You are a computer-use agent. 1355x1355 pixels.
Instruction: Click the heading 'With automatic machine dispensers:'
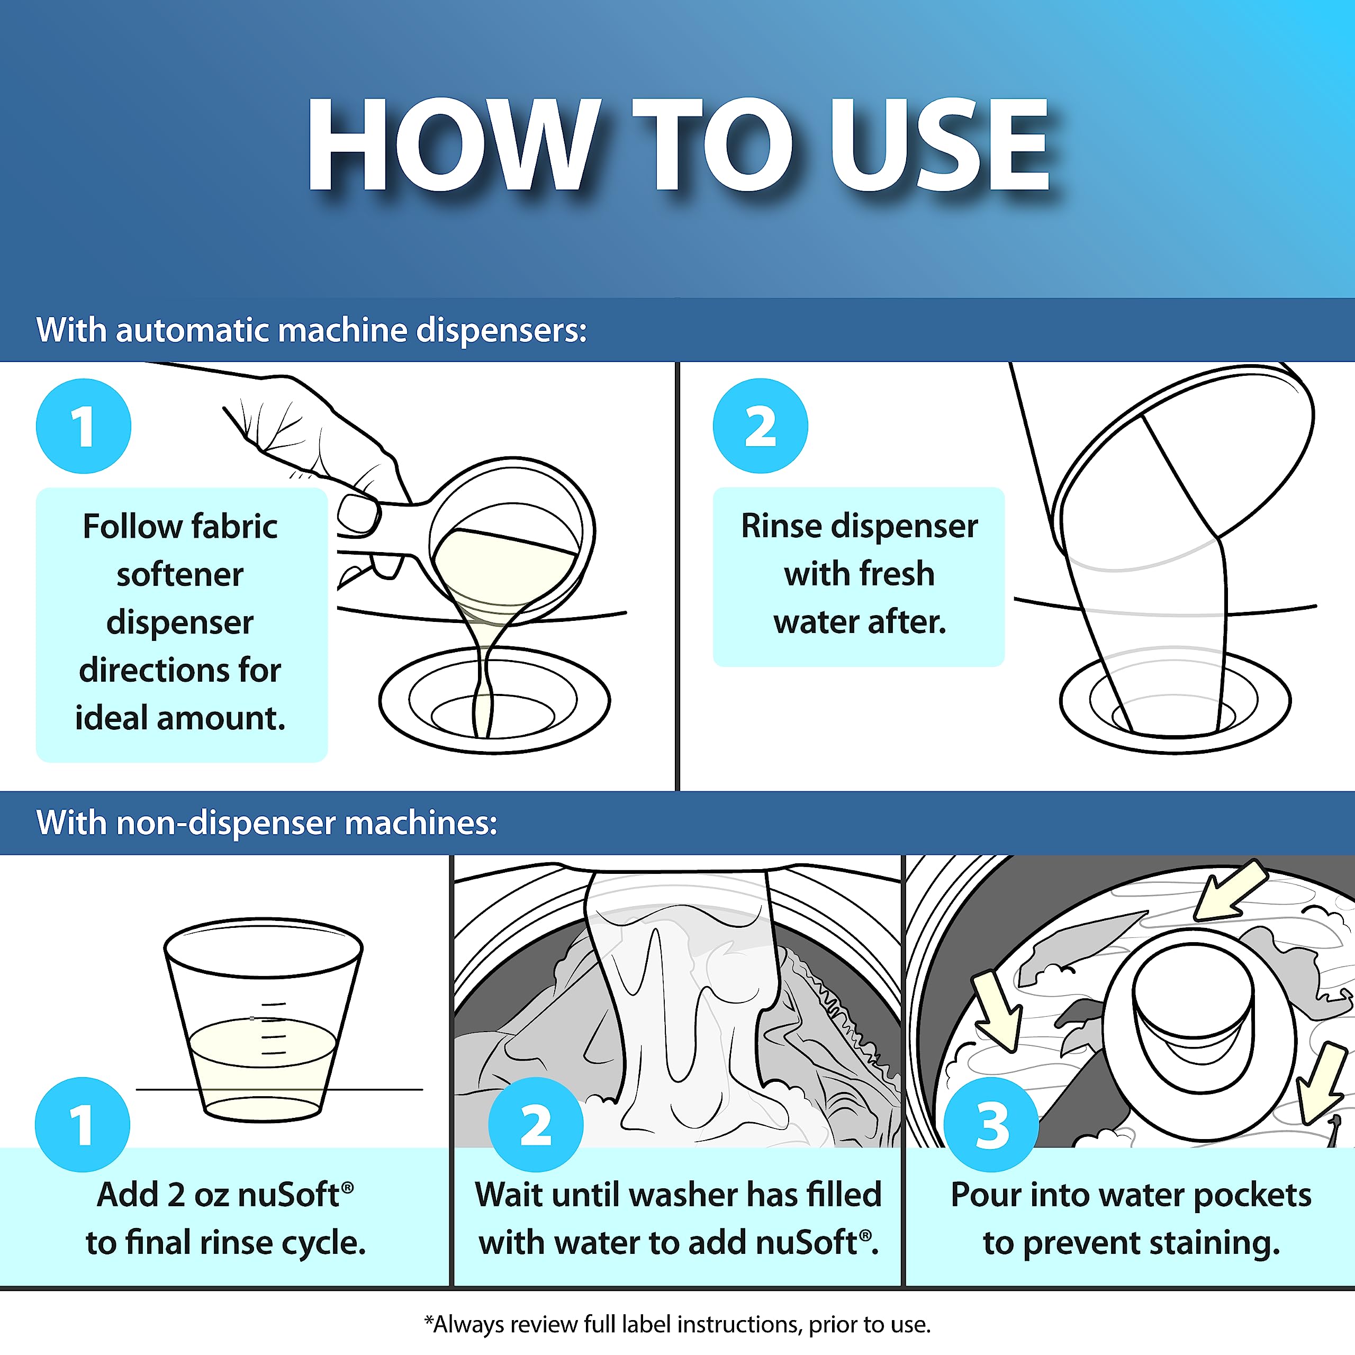click(311, 330)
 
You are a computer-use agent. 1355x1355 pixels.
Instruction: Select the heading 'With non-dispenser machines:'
click(267, 823)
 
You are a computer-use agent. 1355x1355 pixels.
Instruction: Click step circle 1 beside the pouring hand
click(84, 426)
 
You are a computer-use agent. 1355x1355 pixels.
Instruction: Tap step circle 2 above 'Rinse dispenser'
click(760, 426)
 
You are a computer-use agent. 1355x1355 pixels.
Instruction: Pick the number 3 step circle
click(991, 1124)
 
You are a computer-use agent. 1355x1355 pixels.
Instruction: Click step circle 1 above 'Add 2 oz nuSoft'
click(83, 1124)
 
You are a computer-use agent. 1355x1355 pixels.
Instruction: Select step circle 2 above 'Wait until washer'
click(536, 1124)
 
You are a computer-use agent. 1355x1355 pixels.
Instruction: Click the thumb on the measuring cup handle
click(359, 514)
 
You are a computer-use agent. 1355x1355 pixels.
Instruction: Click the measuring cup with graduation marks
click(264, 1020)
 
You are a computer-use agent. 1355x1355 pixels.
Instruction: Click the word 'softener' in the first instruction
click(180, 574)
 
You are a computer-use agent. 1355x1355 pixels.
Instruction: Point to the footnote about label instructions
click(677, 1325)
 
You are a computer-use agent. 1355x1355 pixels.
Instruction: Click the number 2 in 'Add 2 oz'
click(176, 1195)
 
